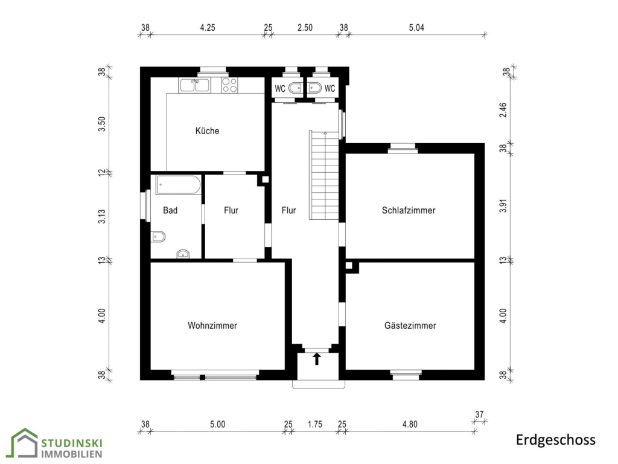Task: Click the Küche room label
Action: (208, 130)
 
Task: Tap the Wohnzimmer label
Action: (212, 326)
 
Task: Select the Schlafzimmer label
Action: (409, 210)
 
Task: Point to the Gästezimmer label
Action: (410, 326)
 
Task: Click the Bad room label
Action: (170, 210)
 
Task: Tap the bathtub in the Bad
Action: (178, 185)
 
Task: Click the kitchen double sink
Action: (195, 85)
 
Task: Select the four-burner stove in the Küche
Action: (229, 85)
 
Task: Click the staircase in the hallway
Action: (324, 176)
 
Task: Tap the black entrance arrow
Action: (316, 359)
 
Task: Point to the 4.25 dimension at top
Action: (208, 28)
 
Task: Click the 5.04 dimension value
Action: (416, 28)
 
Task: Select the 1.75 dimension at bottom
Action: (315, 424)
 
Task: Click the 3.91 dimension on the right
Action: (503, 205)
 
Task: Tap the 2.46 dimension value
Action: (503, 110)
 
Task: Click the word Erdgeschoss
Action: (556, 440)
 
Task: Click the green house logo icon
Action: (24, 443)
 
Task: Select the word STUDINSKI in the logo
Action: (72, 443)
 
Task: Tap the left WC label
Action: (280, 88)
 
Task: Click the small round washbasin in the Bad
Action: (183, 254)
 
